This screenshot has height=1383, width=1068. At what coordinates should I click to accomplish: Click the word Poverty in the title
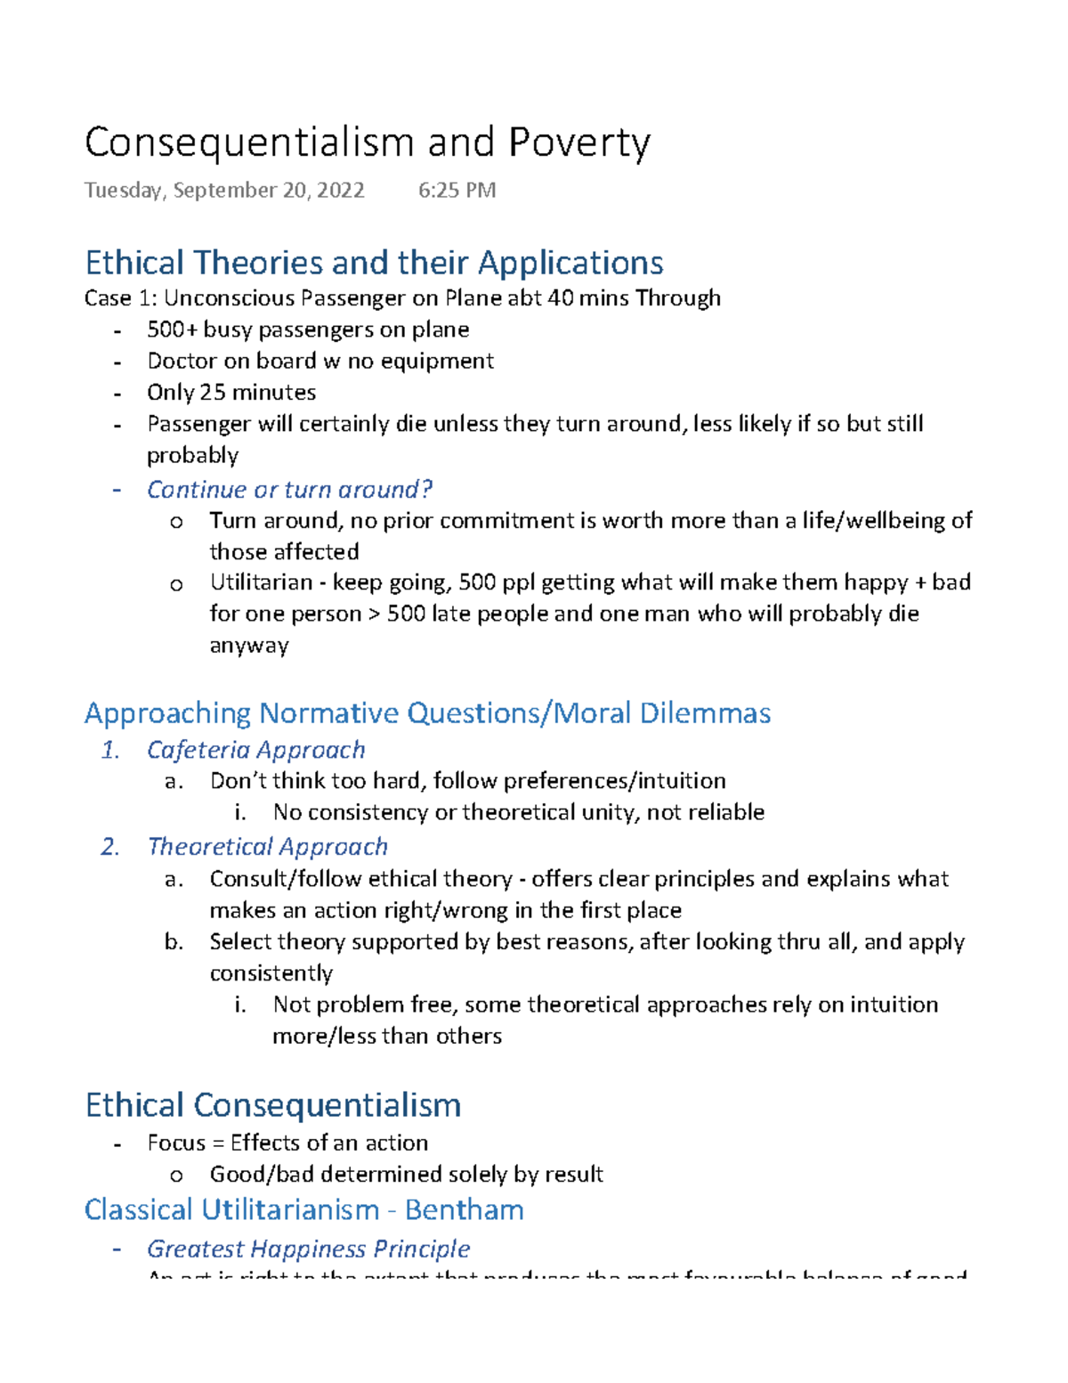pos(579,142)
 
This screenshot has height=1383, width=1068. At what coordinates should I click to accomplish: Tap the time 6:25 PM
pos(457,191)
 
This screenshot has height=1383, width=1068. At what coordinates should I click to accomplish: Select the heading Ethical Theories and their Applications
pos(374,263)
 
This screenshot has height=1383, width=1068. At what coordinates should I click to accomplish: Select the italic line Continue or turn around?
pos(289,490)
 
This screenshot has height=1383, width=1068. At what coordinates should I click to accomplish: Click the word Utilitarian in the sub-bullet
pos(261,582)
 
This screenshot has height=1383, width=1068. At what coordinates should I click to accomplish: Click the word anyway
pos(249,646)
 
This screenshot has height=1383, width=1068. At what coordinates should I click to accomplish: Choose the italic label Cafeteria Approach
pos(256,750)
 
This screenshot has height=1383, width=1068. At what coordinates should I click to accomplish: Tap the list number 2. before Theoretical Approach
pos(110,847)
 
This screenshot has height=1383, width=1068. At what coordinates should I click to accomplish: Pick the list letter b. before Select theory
pos(174,942)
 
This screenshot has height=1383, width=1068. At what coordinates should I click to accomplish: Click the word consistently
pos(271,973)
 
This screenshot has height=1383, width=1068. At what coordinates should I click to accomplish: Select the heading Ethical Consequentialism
pos(273,1105)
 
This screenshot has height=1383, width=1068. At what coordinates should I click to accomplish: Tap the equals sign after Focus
pos(218,1143)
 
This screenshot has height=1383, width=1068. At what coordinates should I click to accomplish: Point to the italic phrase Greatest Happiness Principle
pos(308,1249)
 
